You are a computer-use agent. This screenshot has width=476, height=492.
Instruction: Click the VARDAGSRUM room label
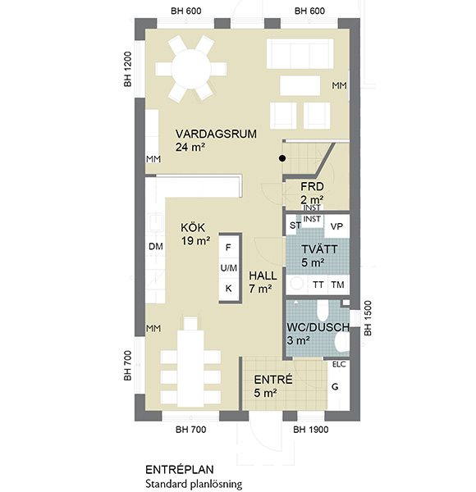(216, 134)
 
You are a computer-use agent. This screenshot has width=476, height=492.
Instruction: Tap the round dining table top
(191, 69)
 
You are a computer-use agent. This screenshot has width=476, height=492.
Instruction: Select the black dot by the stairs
(282, 158)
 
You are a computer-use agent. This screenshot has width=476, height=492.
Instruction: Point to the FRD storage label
(312, 187)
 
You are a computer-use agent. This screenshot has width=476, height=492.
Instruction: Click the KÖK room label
(193, 228)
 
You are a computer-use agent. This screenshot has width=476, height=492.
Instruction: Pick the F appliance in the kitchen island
(228, 248)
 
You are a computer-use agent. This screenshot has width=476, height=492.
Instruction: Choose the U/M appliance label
(229, 268)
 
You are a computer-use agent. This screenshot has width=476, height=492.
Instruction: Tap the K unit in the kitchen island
(229, 289)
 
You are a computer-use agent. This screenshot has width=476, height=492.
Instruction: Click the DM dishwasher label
(156, 247)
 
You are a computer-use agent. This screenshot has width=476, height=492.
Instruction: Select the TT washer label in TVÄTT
(318, 285)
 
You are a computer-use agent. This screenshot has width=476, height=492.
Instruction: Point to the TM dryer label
(337, 285)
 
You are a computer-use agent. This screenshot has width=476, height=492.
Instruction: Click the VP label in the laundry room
(336, 226)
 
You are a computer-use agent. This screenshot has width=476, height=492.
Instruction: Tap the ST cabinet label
(295, 225)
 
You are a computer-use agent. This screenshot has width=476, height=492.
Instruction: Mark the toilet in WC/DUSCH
(323, 309)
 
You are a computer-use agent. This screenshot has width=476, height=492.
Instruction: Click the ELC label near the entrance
(339, 364)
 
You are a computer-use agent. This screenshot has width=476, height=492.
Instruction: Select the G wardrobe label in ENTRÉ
(335, 387)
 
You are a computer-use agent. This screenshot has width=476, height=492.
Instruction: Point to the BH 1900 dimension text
(311, 430)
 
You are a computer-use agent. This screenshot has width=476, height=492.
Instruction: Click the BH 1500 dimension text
(368, 318)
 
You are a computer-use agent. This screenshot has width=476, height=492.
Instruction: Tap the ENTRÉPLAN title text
(180, 470)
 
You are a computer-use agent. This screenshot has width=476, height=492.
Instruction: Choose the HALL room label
(263, 276)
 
